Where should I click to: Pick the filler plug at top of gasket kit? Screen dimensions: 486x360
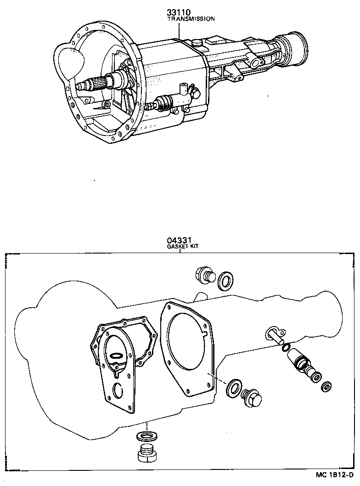(x=203, y=274)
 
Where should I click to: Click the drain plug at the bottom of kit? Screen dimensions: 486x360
(x=146, y=455)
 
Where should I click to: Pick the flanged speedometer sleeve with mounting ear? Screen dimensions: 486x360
(x=274, y=335)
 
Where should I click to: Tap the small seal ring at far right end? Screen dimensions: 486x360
(x=327, y=386)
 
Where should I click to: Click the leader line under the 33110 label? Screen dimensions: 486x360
(x=179, y=30)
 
